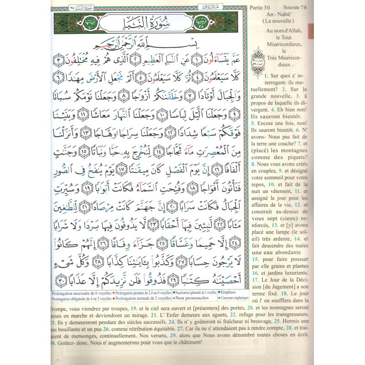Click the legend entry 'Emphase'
click(230, 291)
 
